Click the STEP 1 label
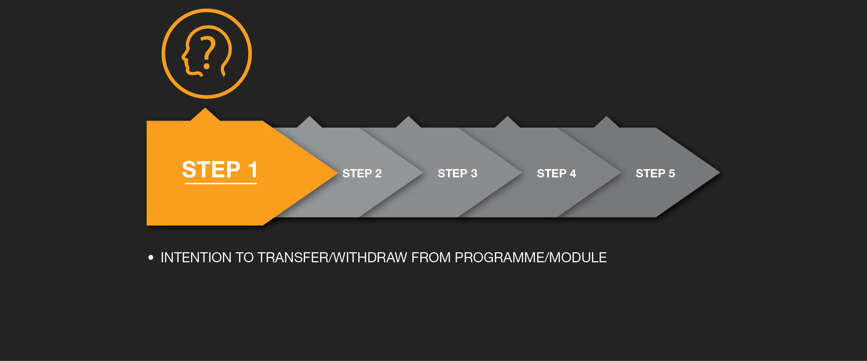point(220,169)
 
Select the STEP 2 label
point(362,173)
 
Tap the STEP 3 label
point(457,173)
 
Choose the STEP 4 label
point(556,173)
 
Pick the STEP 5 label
point(655,173)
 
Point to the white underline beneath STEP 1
point(221,183)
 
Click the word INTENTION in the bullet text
point(196,257)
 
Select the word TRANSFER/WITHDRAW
point(332,257)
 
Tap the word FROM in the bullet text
point(431,257)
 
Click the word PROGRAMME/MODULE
point(531,257)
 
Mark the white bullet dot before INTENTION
point(151,257)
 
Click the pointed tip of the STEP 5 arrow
point(720,172)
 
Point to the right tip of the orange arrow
point(337,173)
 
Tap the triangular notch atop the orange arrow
point(205,115)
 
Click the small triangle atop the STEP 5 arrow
point(606,122)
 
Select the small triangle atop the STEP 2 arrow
point(309,122)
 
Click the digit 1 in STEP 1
point(252,169)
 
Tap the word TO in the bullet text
point(244,257)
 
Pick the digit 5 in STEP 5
point(672,173)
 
